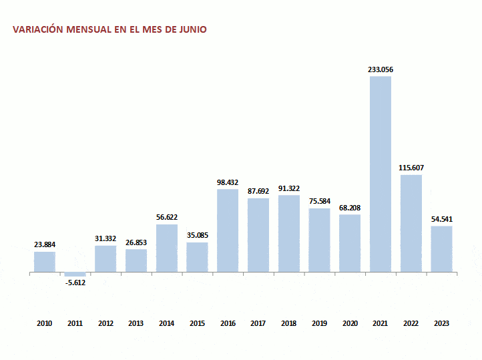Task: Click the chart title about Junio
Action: [110, 30]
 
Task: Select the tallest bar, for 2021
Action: [381, 174]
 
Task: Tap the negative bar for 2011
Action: [75, 275]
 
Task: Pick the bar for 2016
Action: [228, 230]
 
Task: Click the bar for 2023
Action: [441, 249]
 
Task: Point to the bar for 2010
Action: [45, 262]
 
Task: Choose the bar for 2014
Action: [167, 248]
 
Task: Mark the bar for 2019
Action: [319, 240]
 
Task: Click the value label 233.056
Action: [381, 69]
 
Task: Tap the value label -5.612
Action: [75, 283]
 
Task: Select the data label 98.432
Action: [228, 182]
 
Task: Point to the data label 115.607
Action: [411, 168]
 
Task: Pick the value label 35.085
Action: [197, 235]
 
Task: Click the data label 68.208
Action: [350, 207]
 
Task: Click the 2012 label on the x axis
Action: [105, 323]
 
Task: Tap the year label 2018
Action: [288, 323]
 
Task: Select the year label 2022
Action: [411, 323]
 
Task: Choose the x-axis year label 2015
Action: [197, 323]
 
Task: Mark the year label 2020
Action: [350, 323]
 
